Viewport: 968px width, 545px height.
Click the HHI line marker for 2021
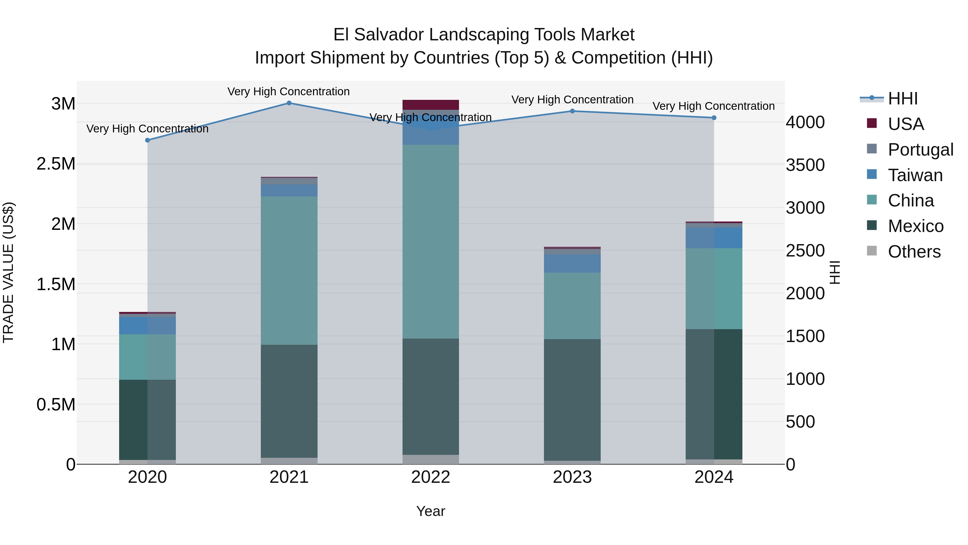pos(289,103)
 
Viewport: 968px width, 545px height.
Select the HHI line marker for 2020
pos(147,140)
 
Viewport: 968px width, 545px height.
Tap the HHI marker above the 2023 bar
pos(572,111)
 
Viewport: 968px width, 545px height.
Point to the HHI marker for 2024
pos(714,118)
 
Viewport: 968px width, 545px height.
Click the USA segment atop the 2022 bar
pos(431,105)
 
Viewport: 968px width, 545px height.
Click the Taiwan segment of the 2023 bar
pos(572,263)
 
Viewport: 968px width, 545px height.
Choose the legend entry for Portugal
pos(920,150)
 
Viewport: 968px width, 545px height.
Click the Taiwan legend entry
pos(915,175)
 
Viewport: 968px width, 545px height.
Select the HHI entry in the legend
pos(903,99)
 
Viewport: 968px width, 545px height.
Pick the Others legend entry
pos(914,252)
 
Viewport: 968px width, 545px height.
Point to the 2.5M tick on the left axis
pos(56,164)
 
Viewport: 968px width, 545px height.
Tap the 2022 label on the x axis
pos(431,477)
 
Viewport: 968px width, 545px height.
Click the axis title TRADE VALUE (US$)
pos(8,272)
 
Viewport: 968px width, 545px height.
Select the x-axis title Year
pos(431,511)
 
